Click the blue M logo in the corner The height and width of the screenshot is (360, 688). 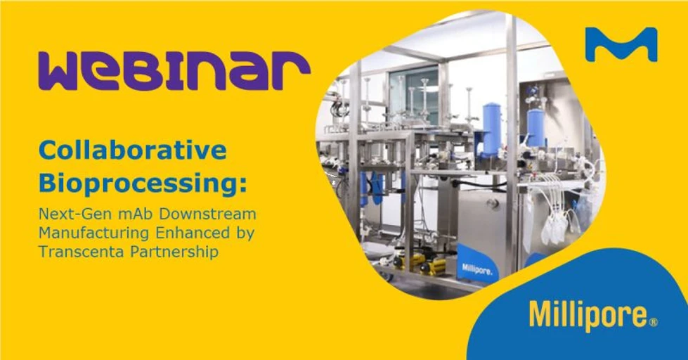[621, 44]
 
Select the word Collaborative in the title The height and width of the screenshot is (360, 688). [133, 150]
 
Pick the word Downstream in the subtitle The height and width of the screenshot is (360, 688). [204, 213]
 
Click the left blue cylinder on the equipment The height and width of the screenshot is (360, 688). [491, 129]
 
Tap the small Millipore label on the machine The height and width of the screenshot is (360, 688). [476, 269]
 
